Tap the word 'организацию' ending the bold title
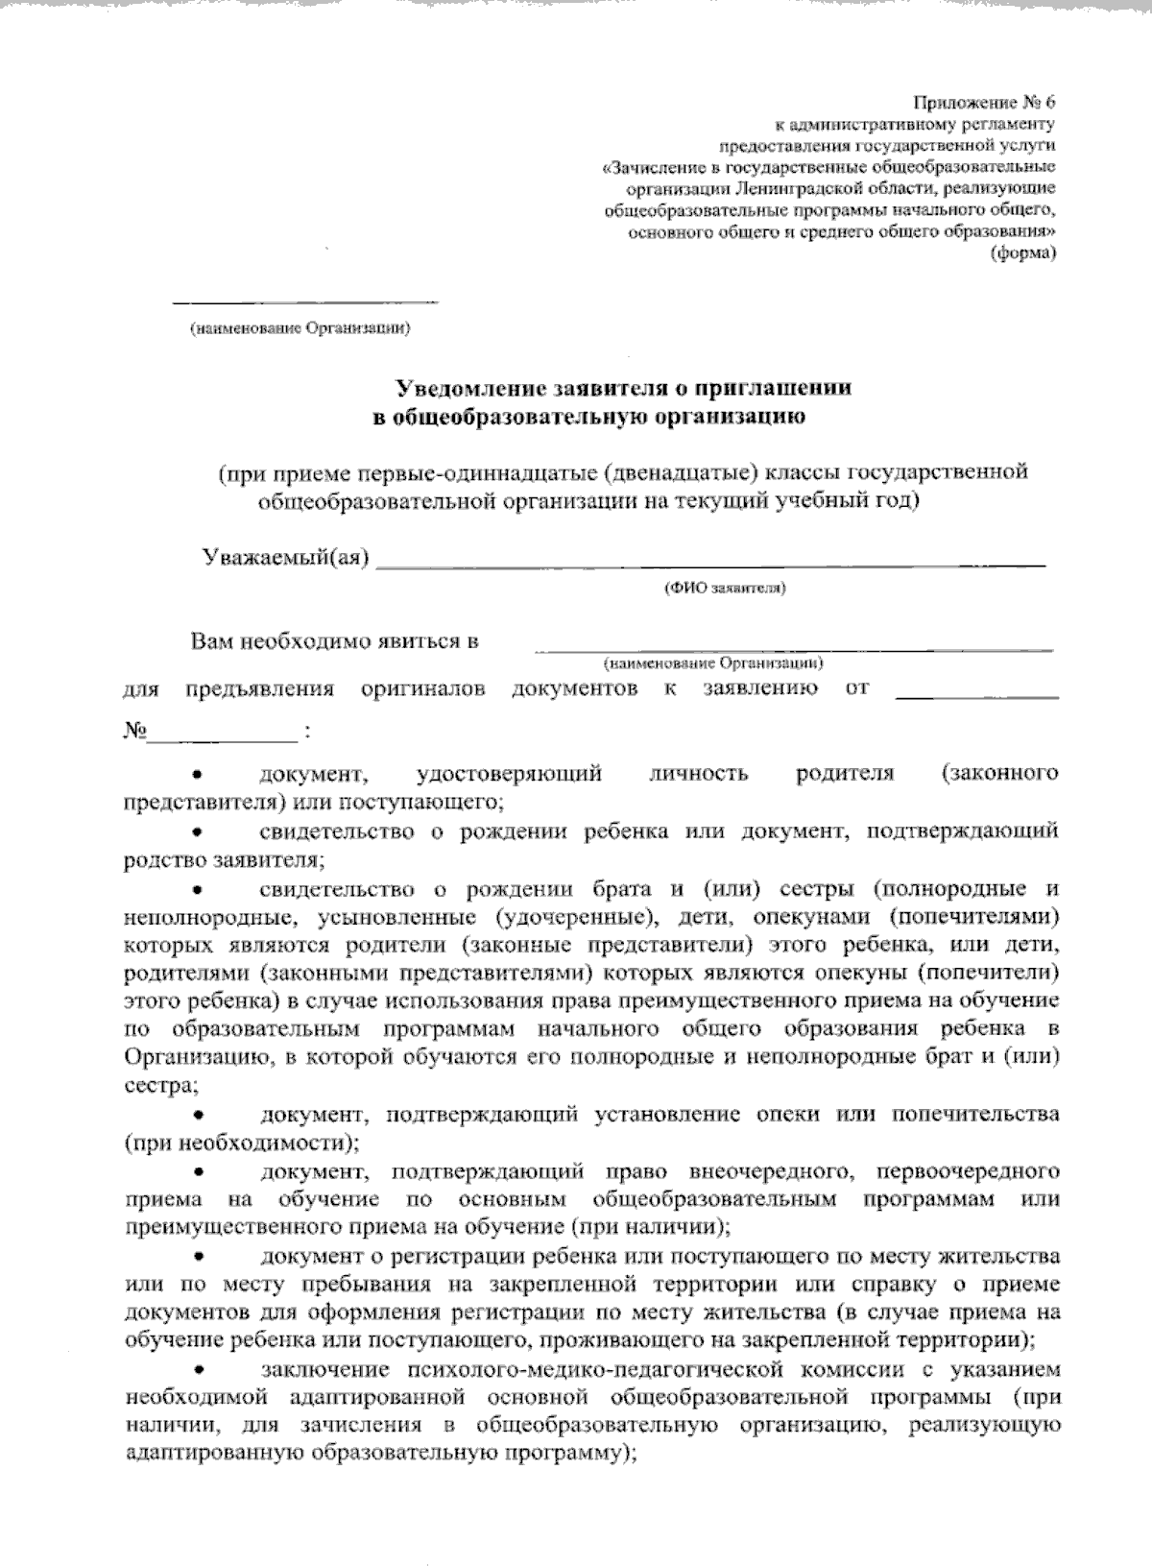point(737,416)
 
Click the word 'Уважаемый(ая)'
point(286,558)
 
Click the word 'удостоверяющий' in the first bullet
point(510,774)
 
